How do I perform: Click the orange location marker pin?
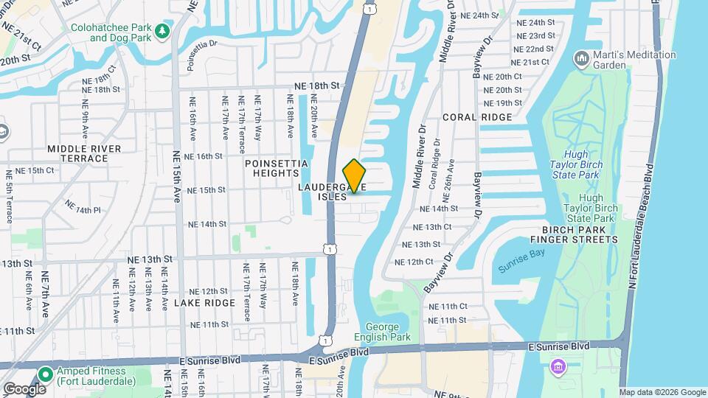click(x=355, y=175)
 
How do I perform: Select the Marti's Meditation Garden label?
click(x=634, y=60)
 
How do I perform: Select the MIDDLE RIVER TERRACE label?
click(x=83, y=153)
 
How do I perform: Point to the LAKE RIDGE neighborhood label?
click(x=205, y=303)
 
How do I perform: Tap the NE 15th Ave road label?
click(x=176, y=177)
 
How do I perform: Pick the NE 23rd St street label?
click(x=535, y=36)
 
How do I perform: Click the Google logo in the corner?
click(x=24, y=388)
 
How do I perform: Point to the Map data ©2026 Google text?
click(x=662, y=392)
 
